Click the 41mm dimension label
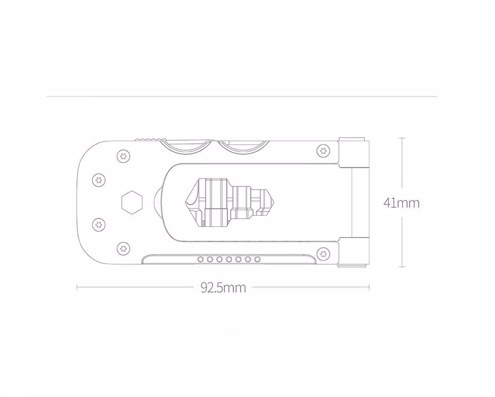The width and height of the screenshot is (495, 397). point(401,203)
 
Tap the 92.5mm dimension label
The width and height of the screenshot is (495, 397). point(223,287)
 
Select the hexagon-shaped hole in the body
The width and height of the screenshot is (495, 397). point(132,201)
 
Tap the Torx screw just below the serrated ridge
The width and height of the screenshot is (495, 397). point(122,156)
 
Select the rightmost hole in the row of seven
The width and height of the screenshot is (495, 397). point(257,259)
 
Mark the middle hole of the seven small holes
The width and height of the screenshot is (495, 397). point(229,259)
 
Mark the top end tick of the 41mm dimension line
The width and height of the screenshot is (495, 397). point(401,139)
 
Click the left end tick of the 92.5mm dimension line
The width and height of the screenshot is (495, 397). point(78,287)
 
